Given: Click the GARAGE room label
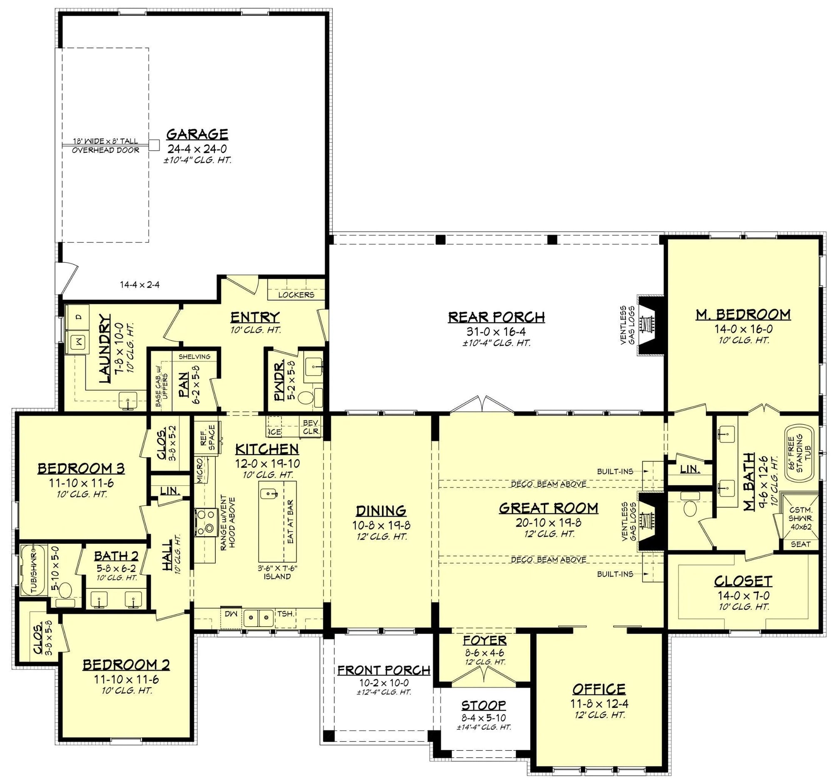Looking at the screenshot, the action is point(197,134).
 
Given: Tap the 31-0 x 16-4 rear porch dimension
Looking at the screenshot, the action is point(496,332).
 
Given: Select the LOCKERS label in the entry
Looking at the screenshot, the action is point(296,295).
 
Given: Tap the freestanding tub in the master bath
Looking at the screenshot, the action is point(799,451).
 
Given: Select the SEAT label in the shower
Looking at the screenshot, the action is point(801,545).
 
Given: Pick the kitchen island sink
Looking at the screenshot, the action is point(269,494).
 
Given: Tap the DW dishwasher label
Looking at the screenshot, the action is point(231,614).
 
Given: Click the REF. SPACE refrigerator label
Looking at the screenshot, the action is point(207,438).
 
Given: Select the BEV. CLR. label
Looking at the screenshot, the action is point(311,427).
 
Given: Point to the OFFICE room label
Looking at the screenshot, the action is point(599,689).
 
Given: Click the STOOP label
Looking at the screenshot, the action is point(484,705).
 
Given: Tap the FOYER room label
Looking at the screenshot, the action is point(485,640).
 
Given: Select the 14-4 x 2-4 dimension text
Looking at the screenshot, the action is point(140,285).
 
